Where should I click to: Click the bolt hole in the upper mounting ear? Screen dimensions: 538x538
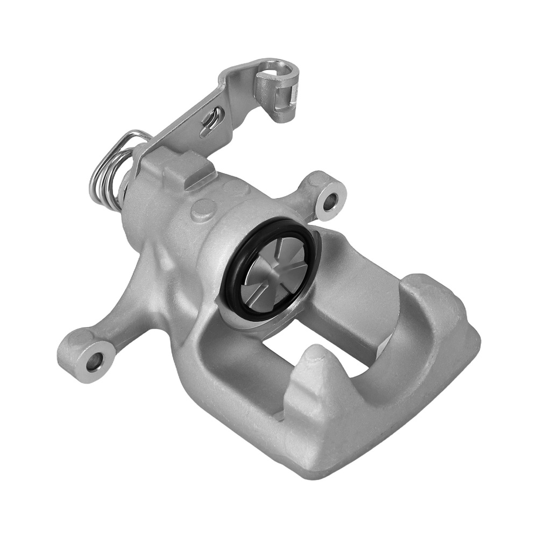(x=329, y=201)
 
